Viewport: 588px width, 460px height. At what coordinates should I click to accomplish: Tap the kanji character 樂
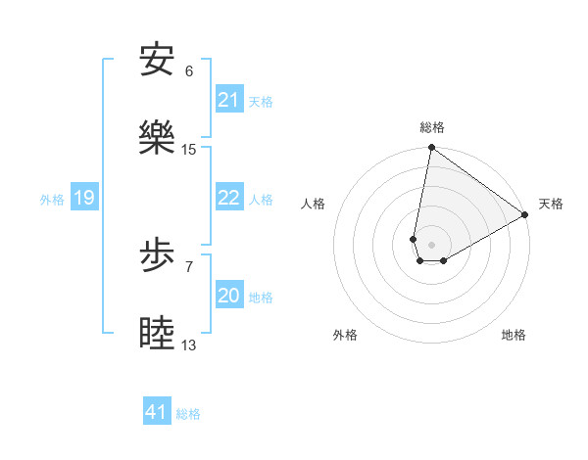(157, 138)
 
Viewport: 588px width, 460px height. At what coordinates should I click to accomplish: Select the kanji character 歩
(157, 256)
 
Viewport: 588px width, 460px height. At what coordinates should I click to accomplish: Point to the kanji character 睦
(157, 335)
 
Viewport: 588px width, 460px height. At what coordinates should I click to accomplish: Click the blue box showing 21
(229, 100)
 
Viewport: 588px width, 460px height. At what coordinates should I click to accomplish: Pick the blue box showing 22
(229, 199)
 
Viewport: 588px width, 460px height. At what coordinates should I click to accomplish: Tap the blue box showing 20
(229, 297)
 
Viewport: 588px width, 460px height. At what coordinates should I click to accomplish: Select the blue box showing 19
(84, 199)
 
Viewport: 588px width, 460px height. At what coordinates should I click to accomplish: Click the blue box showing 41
(157, 412)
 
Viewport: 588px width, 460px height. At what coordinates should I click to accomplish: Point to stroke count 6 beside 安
(189, 71)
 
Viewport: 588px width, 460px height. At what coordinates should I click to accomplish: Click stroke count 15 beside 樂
(189, 150)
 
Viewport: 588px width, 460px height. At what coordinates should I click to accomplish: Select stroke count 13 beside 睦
(189, 345)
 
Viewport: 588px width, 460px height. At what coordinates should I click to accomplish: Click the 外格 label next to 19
(52, 200)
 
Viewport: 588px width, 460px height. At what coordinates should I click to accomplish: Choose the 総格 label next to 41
(188, 414)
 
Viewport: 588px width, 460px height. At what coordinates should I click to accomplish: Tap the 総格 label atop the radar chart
(431, 128)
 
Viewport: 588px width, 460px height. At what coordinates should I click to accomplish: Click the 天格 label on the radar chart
(551, 204)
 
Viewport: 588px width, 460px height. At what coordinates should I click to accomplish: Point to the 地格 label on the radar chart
(514, 335)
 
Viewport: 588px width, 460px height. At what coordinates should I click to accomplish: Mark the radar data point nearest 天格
(525, 215)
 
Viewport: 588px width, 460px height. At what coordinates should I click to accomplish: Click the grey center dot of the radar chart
(431, 245)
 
